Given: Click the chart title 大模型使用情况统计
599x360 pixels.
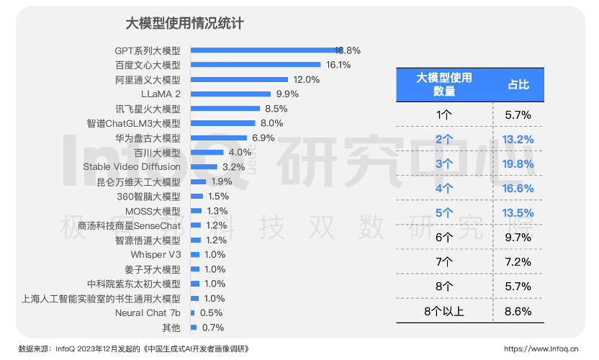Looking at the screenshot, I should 185,24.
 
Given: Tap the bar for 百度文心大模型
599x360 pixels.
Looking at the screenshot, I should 256,65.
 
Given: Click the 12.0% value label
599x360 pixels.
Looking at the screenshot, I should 306,79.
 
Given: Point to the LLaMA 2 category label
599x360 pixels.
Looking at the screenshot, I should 161,94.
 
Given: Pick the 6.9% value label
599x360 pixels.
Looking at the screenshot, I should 264,138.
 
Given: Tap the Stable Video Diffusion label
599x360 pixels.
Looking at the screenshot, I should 132,167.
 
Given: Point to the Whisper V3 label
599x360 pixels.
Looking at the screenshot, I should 156,254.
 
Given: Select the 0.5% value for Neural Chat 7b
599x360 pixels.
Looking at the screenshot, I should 210,312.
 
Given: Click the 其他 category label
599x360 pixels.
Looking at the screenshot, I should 171,328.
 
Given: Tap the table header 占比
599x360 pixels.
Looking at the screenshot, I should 518,84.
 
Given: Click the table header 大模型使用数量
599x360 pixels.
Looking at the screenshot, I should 444,84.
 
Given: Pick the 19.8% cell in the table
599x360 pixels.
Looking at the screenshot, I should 518,163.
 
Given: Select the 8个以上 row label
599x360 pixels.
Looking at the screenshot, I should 444,311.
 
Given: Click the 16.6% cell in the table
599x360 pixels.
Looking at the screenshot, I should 518,188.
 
